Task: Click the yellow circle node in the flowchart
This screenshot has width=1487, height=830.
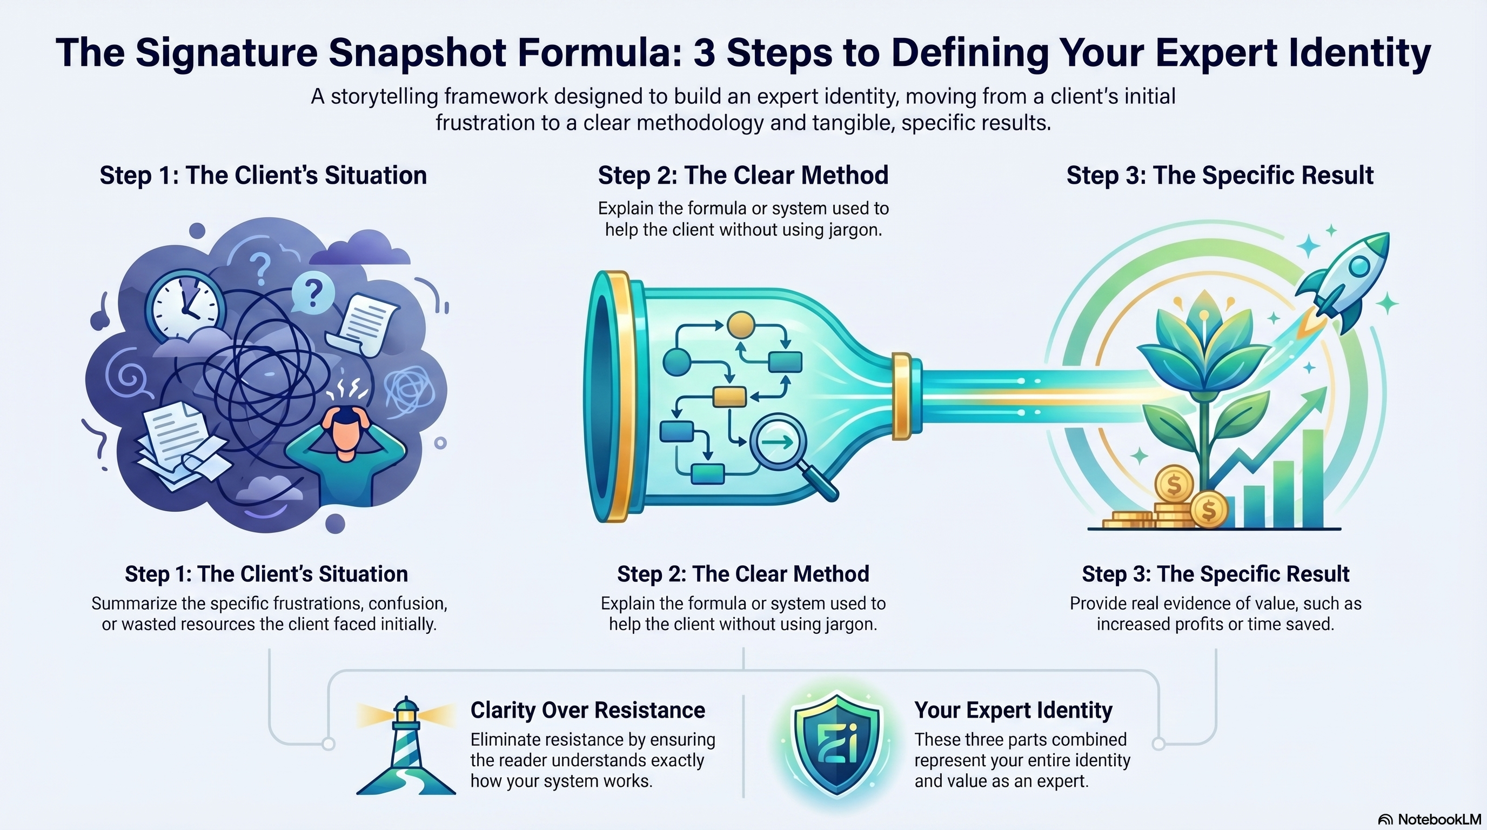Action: point(741,325)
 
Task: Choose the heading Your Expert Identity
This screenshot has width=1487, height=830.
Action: point(1013,710)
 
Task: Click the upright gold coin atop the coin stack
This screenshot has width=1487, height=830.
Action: point(1174,484)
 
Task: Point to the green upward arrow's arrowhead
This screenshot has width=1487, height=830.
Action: point(1316,399)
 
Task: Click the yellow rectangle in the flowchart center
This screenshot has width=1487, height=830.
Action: point(729,397)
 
